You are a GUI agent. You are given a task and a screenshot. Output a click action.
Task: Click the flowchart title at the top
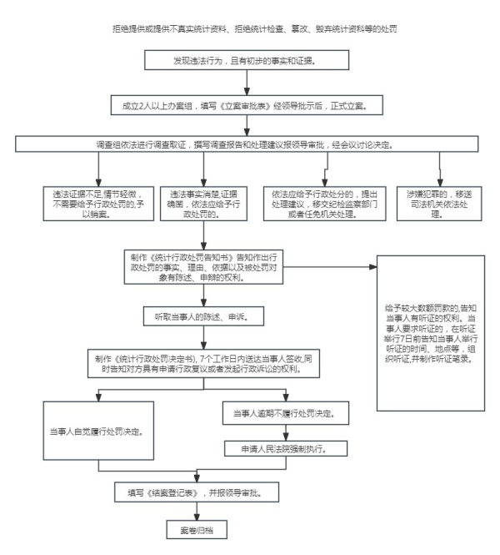click(254, 28)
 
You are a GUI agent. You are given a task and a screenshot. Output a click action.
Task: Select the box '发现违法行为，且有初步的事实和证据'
click(247, 60)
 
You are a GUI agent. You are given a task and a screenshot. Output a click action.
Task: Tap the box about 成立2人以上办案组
click(247, 105)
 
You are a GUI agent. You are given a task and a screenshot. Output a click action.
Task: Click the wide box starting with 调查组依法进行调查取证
click(247, 144)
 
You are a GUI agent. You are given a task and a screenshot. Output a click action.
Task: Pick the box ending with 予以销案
click(98, 204)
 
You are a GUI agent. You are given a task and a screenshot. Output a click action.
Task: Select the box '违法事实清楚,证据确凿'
click(203, 204)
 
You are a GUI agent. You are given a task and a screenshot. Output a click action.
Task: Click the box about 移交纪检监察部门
click(325, 204)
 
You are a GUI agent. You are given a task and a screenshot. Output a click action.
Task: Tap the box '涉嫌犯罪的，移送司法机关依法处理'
click(439, 204)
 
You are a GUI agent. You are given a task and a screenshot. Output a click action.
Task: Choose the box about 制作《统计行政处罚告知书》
click(203, 267)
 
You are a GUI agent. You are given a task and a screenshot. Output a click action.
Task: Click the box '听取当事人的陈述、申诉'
click(203, 316)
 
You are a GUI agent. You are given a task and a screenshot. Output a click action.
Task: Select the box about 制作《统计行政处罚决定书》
click(203, 364)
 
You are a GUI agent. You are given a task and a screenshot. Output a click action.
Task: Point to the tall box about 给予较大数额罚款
click(431, 333)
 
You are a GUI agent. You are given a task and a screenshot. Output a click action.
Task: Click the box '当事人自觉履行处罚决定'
click(98, 431)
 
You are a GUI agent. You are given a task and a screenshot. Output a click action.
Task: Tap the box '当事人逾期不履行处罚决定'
click(286, 413)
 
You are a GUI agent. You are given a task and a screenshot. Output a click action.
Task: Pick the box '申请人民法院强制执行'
click(286, 448)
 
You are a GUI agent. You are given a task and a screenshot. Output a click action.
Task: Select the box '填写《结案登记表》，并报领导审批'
click(197, 492)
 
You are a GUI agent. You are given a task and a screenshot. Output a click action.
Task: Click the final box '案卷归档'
click(197, 529)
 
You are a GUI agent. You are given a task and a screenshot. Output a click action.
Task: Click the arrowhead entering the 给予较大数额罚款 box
click(372, 266)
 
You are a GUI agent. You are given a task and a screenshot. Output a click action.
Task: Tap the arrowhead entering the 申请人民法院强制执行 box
click(286, 436)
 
